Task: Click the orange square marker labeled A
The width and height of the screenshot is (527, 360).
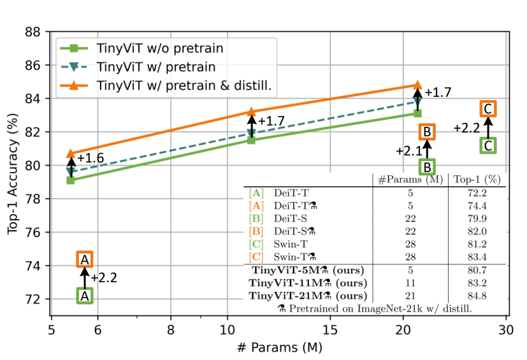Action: pos(85,259)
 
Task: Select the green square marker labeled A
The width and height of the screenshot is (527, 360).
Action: pos(85,295)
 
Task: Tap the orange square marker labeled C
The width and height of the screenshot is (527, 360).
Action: pos(488,109)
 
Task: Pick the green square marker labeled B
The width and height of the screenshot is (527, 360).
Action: pos(427,167)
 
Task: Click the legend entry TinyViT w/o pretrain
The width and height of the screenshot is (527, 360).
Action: pos(159,48)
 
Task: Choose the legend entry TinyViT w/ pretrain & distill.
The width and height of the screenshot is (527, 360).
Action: pos(185,85)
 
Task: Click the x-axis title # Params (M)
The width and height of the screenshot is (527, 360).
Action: pos(279,348)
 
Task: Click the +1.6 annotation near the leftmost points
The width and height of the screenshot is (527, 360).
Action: pos(90,157)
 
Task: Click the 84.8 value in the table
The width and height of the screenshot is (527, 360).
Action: pos(477,296)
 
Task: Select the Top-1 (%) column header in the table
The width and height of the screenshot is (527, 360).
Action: pos(477,180)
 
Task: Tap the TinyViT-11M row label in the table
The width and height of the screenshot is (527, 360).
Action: pos(308,283)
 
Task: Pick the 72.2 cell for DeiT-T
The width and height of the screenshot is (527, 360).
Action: pos(477,192)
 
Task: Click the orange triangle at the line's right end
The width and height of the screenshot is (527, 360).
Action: pos(417,85)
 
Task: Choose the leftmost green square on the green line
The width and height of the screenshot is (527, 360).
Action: pos(70,180)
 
